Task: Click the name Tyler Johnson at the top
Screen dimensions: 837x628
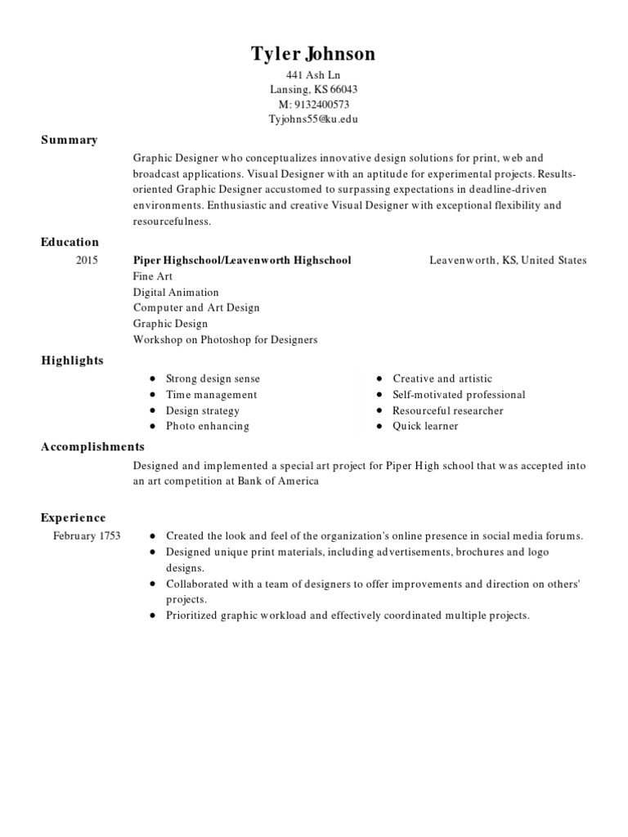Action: (x=313, y=55)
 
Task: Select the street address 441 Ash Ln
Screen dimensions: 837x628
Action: (x=313, y=75)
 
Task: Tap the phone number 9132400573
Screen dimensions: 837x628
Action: (x=321, y=105)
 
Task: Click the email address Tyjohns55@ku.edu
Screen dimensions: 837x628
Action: (x=313, y=119)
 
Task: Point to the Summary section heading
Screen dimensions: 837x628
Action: (x=70, y=140)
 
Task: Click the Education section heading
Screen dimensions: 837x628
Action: (x=70, y=242)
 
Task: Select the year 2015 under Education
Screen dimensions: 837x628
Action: (x=87, y=261)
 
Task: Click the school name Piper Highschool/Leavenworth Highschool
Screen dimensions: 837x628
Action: (x=242, y=261)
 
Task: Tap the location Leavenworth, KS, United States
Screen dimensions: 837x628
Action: (x=508, y=261)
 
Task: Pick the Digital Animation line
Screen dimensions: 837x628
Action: (x=176, y=292)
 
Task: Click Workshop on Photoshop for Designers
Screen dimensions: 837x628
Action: (x=225, y=339)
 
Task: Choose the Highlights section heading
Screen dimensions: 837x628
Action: (x=72, y=360)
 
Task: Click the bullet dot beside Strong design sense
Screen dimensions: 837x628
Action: (x=153, y=379)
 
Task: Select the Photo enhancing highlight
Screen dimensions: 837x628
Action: (x=208, y=426)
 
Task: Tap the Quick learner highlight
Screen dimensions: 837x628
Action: (x=425, y=426)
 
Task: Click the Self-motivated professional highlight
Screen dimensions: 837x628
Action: (x=459, y=395)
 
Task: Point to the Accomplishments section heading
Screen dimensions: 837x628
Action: (x=92, y=447)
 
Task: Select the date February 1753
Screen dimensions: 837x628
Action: (x=87, y=536)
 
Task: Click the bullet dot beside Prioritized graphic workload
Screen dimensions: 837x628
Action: (x=153, y=615)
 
